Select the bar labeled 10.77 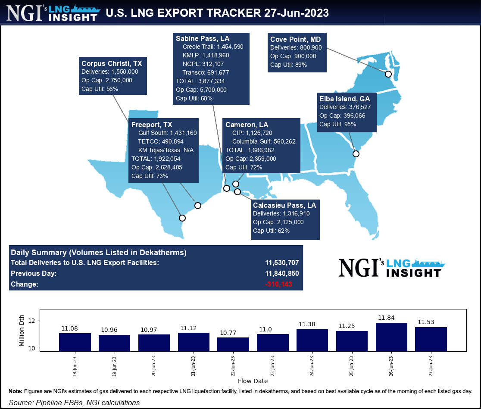(233, 344)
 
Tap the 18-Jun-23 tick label (75, 367)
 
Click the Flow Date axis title (253, 381)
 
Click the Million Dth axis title (22, 330)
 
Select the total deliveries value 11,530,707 (282, 262)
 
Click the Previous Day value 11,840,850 (282, 273)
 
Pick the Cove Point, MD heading (295, 39)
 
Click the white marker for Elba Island (356, 154)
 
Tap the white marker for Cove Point (388, 74)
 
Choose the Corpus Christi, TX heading (112, 63)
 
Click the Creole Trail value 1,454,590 (231, 47)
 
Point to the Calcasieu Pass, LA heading (284, 205)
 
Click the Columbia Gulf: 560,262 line (263, 141)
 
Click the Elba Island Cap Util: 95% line (337, 124)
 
